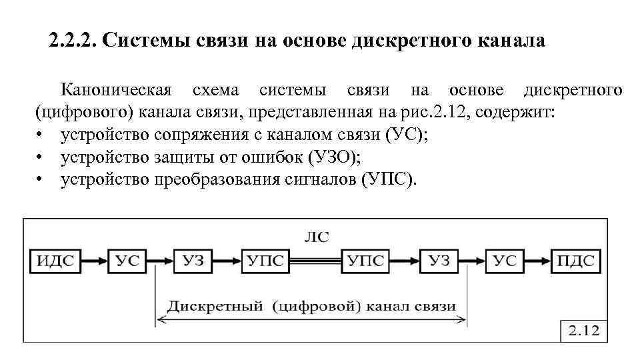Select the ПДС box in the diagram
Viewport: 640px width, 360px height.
575,261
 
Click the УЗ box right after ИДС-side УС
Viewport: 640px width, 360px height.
193,261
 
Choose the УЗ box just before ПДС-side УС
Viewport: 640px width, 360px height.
439,261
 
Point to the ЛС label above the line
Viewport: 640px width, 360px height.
316,237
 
